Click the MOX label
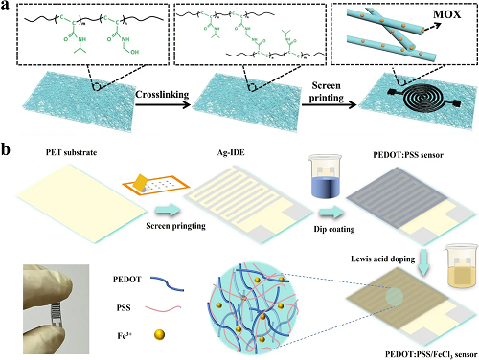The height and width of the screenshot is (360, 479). pos(446,14)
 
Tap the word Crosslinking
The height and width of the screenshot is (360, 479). pos(162,95)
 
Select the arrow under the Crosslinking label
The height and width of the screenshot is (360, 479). pos(163,105)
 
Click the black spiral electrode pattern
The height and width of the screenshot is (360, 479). pos(424,98)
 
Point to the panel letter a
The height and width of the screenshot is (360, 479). pos(5,6)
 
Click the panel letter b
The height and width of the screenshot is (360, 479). pos(6,150)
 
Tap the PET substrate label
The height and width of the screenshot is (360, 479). pos(71,152)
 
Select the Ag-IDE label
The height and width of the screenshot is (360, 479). pos(231,152)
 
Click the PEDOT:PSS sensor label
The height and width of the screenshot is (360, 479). pos(408,155)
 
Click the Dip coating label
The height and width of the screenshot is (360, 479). pos(334,229)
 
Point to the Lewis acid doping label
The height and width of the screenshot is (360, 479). pos(382,259)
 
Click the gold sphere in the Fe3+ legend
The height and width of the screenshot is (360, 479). pos(159,335)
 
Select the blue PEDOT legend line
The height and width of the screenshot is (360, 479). pos(167,283)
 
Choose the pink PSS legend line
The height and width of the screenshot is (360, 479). pos(163,308)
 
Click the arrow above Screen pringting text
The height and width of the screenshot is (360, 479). pos(168,211)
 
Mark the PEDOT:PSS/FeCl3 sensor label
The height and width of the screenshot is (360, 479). pos(431,354)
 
